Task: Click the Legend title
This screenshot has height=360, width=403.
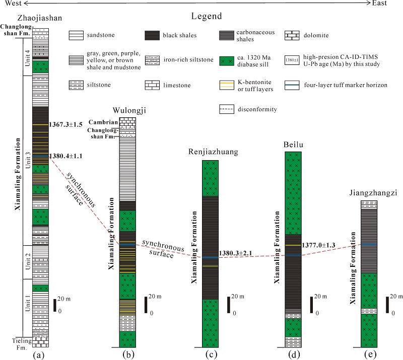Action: (x=207, y=17)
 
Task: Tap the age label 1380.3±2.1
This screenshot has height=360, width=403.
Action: (x=236, y=253)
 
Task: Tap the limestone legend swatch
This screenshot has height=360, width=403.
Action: (x=153, y=86)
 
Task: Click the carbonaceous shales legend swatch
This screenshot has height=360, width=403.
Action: (x=228, y=36)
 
